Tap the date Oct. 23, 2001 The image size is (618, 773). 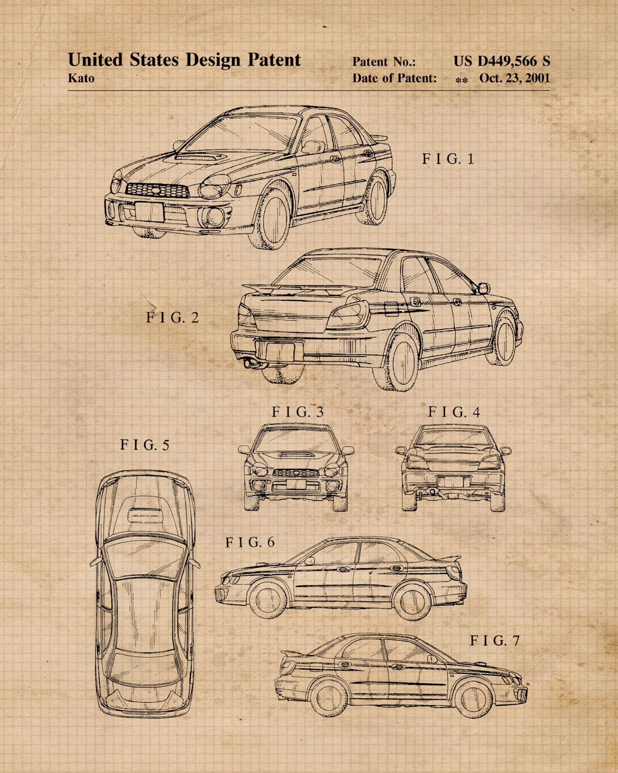[514, 78]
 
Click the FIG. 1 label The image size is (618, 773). [448, 159]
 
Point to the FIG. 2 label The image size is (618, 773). [172, 318]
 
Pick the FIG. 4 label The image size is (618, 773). [454, 412]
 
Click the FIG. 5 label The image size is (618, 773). [144, 445]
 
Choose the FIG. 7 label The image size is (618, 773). [494, 640]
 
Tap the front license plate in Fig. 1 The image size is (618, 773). [149, 212]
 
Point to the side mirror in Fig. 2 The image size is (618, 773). [484, 288]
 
